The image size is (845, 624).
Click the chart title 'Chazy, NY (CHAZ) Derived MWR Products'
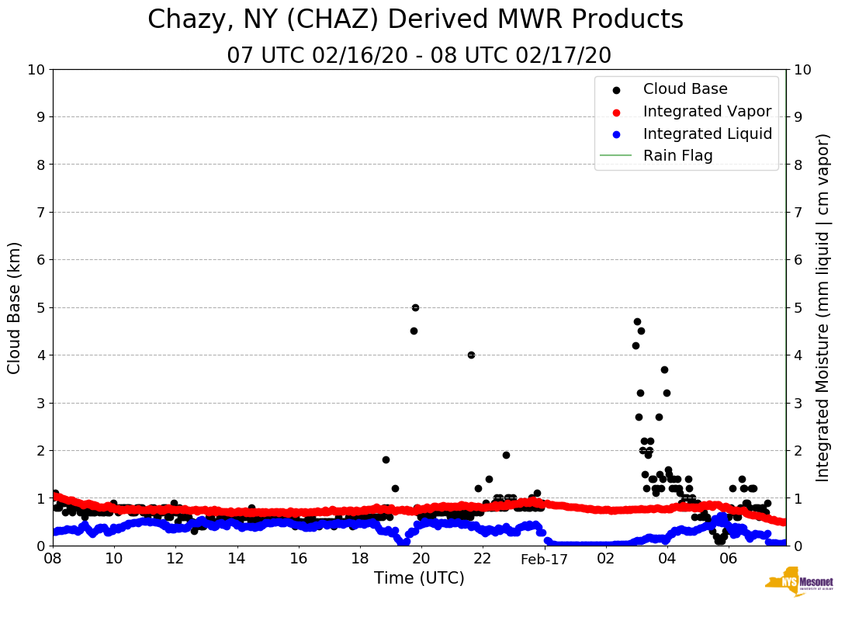point(415,20)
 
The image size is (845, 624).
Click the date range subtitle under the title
point(419,56)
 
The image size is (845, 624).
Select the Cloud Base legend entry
point(685,89)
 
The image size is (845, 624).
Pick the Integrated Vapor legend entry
point(707,111)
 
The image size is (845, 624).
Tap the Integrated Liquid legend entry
point(707,133)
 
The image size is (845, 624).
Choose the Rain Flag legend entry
point(677,155)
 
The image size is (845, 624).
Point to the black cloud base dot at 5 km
point(415,307)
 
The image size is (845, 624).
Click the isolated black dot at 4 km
point(471,355)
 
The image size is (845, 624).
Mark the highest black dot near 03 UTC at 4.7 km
point(637,321)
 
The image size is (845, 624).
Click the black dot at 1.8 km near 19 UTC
point(386,459)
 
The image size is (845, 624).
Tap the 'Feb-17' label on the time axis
point(544,560)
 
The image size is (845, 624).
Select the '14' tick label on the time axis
point(237,559)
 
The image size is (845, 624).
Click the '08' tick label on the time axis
point(53,559)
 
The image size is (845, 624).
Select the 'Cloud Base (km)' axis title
point(15,307)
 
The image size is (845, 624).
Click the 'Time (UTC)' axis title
point(419,578)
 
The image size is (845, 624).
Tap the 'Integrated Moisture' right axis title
point(822,307)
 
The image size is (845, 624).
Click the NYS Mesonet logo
point(798,584)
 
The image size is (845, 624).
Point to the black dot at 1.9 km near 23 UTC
point(506,455)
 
